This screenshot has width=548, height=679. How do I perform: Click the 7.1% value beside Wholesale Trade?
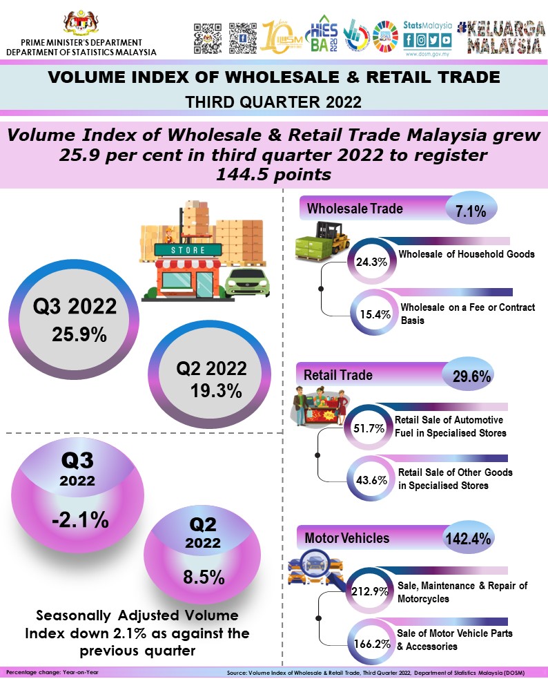point(471,211)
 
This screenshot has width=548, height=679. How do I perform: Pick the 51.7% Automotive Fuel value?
point(368,428)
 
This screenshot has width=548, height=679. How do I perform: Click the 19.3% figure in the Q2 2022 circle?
point(216,391)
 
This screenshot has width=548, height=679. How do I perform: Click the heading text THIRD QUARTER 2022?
point(274,102)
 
